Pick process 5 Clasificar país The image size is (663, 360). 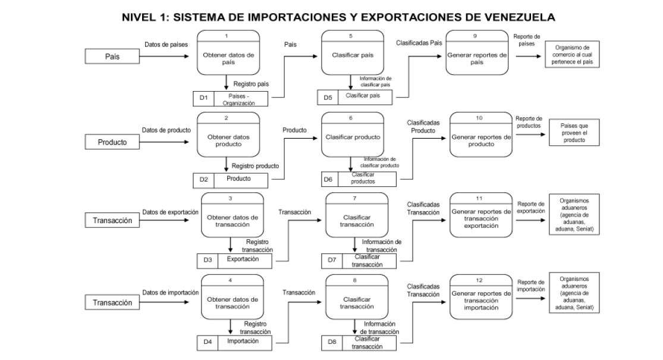point(351,55)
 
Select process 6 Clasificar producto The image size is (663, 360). point(353,137)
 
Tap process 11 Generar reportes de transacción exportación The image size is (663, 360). point(481,218)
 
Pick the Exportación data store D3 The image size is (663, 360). point(243,259)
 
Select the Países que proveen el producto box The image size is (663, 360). point(574,133)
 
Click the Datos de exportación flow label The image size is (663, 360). point(170,212)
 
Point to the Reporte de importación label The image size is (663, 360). point(531,286)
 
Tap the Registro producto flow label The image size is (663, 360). point(255,166)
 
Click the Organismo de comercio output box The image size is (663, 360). point(571,55)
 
